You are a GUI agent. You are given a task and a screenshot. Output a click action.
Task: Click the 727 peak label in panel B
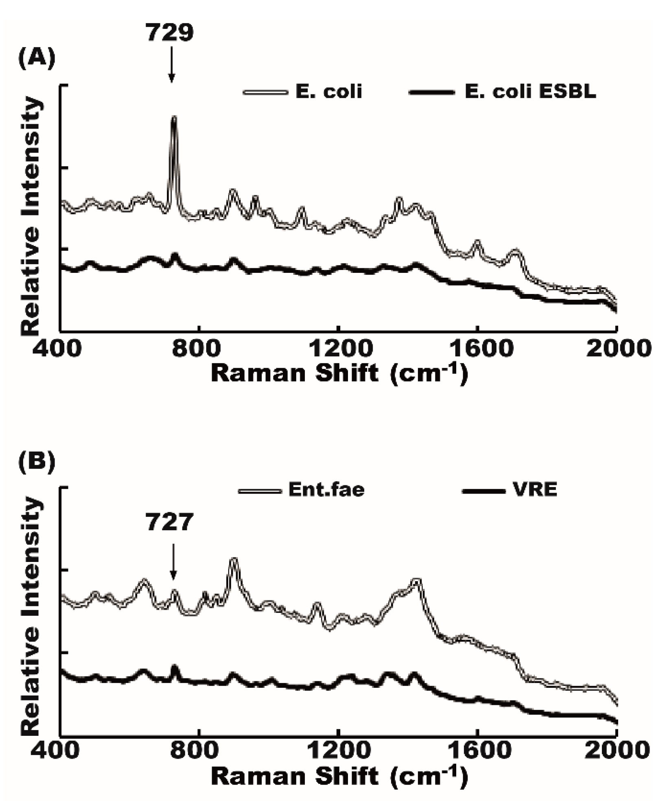click(x=169, y=522)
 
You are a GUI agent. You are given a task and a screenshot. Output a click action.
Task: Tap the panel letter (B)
click(x=37, y=463)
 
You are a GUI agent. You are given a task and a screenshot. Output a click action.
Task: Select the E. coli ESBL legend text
click(x=530, y=92)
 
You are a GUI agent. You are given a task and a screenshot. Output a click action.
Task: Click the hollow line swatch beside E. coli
click(x=265, y=92)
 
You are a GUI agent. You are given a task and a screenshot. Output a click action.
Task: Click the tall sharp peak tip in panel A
click(x=175, y=118)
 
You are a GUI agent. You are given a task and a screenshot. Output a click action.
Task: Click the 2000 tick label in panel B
click(x=618, y=750)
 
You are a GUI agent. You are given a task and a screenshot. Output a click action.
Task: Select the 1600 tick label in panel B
click(x=477, y=750)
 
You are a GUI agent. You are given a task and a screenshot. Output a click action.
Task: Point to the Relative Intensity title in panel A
click(x=31, y=216)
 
